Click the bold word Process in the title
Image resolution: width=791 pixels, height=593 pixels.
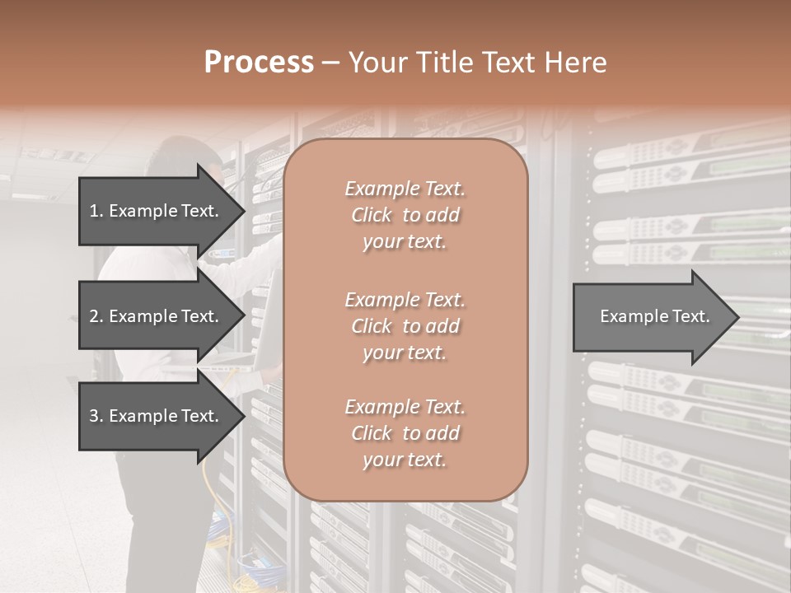click(x=259, y=63)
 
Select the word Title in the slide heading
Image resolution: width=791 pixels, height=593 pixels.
click(x=452, y=63)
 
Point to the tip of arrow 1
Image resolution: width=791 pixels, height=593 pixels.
click(x=243, y=211)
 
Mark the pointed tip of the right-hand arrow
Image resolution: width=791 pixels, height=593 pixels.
click(x=737, y=317)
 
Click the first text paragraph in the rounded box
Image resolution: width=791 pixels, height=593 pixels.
click(x=405, y=215)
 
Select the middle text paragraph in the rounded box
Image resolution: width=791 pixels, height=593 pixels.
click(x=405, y=326)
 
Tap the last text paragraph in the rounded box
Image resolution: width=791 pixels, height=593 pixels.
click(x=405, y=433)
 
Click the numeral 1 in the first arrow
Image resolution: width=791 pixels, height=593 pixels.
click(x=94, y=211)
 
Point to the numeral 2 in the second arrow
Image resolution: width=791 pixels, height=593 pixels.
click(x=94, y=316)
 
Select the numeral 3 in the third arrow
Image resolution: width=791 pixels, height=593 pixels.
click(x=94, y=416)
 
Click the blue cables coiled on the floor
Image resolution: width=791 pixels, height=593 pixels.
click(x=221, y=544)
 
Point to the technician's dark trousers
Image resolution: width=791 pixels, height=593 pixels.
click(x=157, y=511)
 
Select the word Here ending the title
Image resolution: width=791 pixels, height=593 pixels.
click(x=580, y=63)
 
